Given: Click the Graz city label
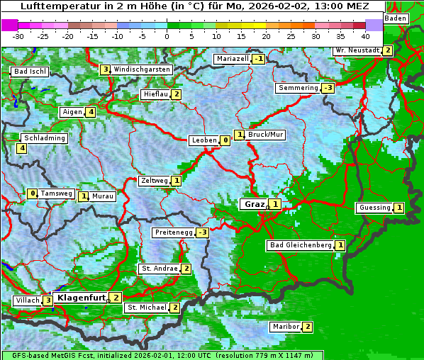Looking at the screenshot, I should pos(253,204).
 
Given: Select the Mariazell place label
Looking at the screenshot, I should pos(233,59).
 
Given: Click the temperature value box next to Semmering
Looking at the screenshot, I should pos(328,88).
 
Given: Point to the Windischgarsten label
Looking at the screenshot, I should pos(142,69).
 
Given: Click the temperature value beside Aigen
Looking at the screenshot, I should pos(91,112).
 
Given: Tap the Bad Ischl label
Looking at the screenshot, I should pos(30,72).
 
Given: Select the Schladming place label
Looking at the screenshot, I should pos(44,138).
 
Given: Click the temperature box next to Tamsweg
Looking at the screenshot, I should pos(32,193).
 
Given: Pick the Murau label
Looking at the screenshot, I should pos(103,196).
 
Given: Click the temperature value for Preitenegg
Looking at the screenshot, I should pos(203,232).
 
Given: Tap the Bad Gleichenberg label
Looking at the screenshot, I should pos(301,245).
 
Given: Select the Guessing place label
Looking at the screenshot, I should pos(374,208).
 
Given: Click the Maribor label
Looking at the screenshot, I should pos(285,327).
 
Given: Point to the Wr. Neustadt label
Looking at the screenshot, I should pos(357,50).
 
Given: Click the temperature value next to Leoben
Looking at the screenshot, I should pos(225,140).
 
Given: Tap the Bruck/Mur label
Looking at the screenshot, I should pos(266,135).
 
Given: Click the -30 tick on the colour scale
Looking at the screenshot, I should pos(18,36).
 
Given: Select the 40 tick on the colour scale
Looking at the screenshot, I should pos(365,36).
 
